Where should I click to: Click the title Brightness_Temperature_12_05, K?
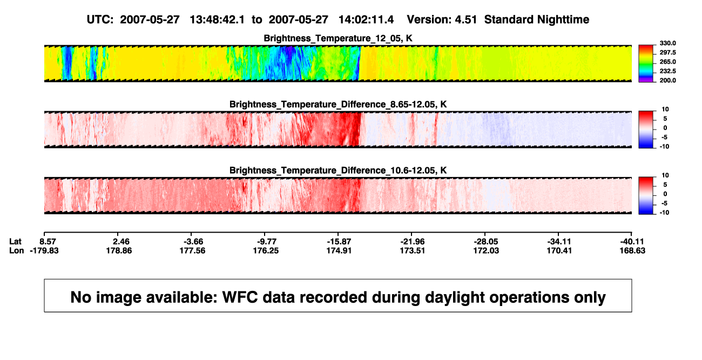[338, 38]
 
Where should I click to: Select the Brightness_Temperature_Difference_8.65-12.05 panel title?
[338, 104]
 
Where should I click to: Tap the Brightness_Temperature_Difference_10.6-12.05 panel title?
[338, 171]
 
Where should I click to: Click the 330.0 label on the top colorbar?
[667, 43]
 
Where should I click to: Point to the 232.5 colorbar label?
[667, 71]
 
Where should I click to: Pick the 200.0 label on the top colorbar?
[667, 80]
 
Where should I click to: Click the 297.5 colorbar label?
[667, 52]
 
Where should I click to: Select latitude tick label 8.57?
[48, 242]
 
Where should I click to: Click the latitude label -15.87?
[339, 242]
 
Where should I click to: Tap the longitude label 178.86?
[119, 250]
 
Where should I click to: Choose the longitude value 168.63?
[632, 250]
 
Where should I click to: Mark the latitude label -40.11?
[632, 242]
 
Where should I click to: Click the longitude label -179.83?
[44, 250]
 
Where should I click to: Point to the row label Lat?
[15, 242]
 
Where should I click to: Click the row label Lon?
[16, 250]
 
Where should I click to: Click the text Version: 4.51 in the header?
[442, 19]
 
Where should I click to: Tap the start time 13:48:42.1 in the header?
[217, 19]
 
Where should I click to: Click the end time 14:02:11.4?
[366, 19]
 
